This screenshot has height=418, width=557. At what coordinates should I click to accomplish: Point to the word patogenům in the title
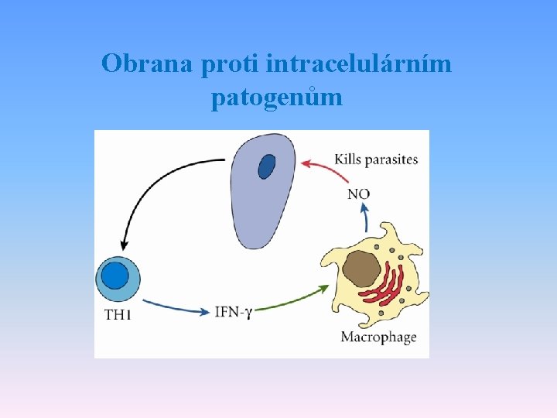pos(276,98)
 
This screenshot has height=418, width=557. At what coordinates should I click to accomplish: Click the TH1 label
pos(118,314)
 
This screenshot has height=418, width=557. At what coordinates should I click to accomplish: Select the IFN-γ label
pos(234,312)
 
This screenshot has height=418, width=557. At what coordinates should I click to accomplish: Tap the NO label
pos(358,194)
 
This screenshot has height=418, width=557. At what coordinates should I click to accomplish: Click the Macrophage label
pos(378,337)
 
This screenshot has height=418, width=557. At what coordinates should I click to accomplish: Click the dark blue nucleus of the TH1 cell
pos(115,276)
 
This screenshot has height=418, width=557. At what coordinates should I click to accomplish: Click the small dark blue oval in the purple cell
pos(267,166)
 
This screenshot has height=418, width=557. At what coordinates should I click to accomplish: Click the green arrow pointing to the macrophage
pos(294,300)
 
